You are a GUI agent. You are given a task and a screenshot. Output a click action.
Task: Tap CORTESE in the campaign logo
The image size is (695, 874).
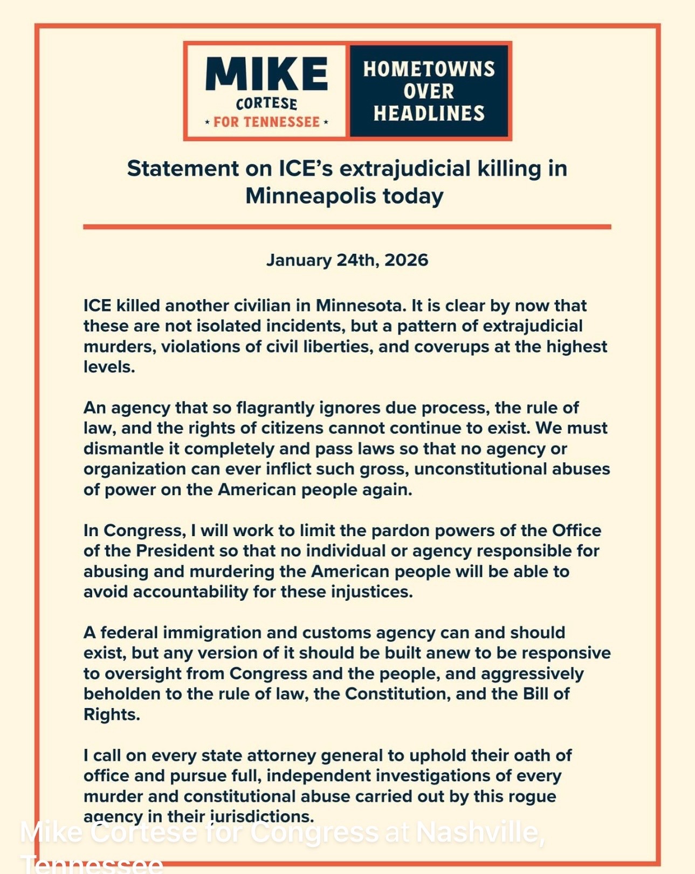tap(266, 103)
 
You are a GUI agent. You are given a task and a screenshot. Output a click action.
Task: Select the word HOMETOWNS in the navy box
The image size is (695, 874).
tap(429, 69)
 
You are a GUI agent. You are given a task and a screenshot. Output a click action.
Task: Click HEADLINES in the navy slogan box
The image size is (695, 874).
tap(429, 113)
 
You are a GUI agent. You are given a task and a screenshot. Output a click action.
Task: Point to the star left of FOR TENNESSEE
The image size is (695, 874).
tap(208, 123)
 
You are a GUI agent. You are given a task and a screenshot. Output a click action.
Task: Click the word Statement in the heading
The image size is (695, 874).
tap(183, 169)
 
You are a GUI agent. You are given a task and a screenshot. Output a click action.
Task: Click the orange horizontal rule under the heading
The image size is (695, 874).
tap(347, 227)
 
